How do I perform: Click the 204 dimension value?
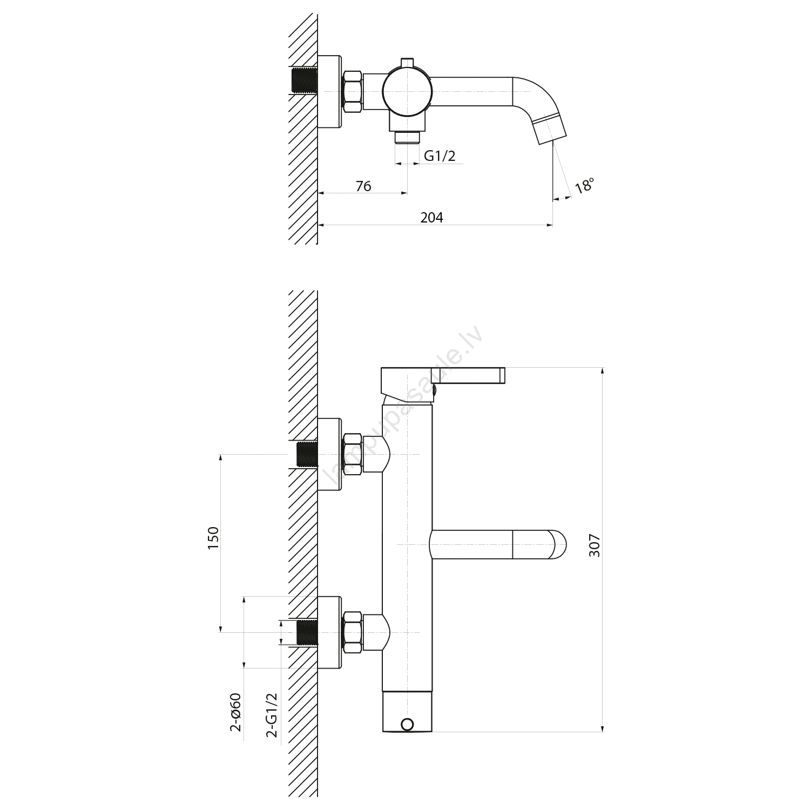point(431,218)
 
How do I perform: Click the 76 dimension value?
point(363,186)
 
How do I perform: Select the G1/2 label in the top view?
point(440,156)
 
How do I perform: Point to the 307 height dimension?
point(594,546)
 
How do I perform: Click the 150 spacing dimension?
point(213,538)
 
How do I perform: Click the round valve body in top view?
point(407,92)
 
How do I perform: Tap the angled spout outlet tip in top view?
point(550,131)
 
